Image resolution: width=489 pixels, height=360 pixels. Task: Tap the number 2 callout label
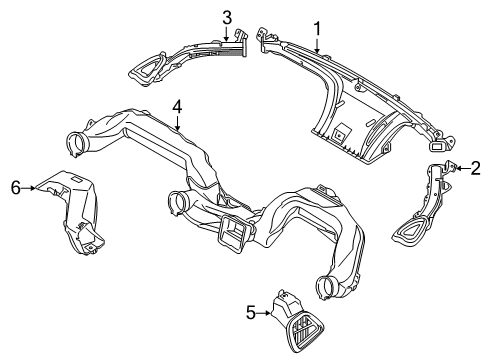point(476,168)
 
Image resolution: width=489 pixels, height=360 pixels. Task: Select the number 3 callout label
point(227,17)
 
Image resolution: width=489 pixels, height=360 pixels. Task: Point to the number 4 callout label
point(177,106)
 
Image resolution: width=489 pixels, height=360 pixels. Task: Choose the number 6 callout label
point(15,187)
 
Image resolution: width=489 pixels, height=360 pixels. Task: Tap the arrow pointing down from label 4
point(177,124)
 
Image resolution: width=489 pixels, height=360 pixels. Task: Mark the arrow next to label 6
point(32,187)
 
